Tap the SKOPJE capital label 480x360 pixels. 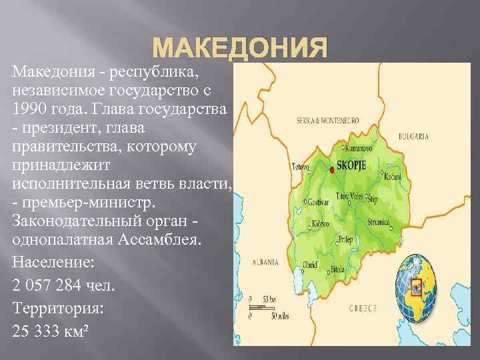353,163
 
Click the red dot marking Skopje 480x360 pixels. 331,170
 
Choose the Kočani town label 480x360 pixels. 393,176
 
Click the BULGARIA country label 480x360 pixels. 413,136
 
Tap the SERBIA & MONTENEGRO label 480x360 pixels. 328,120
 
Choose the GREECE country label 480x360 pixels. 363,308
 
